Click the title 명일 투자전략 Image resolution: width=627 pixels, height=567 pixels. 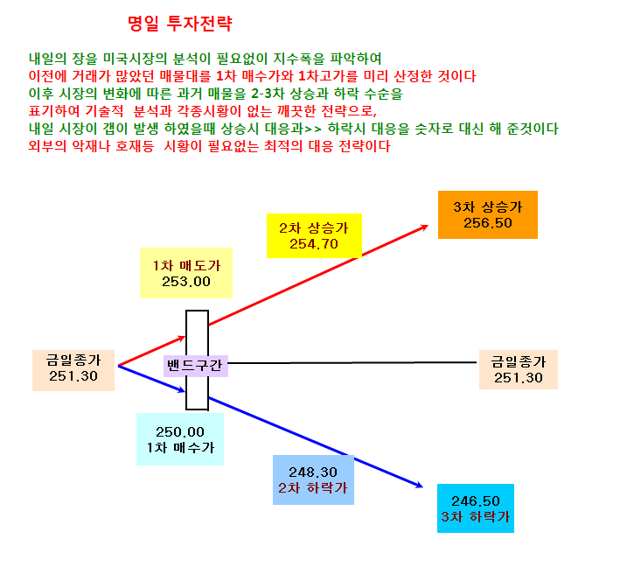pyautogui.click(x=180, y=24)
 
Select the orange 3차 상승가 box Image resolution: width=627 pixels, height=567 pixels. pyautogui.click(x=488, y=215)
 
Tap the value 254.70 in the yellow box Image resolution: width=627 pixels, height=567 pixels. pyautogui.click(x=314, y=243)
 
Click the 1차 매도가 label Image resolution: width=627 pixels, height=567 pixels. pyautogui.click(x=186, y=265)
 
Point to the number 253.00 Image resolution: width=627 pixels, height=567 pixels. pyautogui.click(x=186, y=282)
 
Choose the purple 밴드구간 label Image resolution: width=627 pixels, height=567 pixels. pyautogui.click(x=196, y=366)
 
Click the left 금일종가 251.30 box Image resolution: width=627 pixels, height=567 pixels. pyautogui.click(x=73, y=370)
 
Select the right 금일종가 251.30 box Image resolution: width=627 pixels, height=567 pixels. pyautogui.click(x=519, y=369)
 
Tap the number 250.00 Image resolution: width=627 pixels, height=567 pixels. pyautogui.click(x=180, y=431)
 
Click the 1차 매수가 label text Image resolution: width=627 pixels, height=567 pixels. pyautogui.click(x=181, y=447)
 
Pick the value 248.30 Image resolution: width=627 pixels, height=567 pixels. pyautogui.click(x=313, y=472)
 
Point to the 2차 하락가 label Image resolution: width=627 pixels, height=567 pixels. pyautogui.click(x=313, y=487)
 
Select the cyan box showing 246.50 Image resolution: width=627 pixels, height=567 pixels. pyautogui.click(x=476, y=508)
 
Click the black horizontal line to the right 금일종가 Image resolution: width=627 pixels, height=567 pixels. pyautogui.click(x=352, y=363)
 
